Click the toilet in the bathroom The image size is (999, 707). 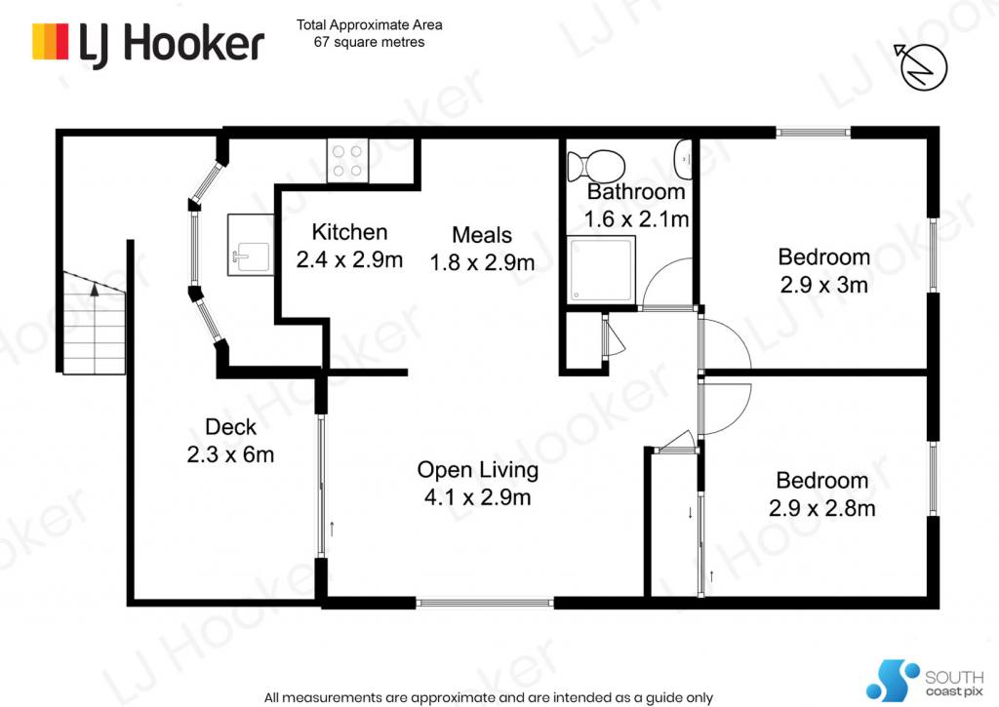[x=596, y=165]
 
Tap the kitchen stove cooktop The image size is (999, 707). [x=348, y=161]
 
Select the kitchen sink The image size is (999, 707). [x=251, y=245]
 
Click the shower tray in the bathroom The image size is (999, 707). [x=601, y=270]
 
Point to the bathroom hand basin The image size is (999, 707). [x=683, y=159]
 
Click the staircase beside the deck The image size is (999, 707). [x=95, y=323]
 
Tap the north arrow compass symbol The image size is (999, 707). [x=921, y=66]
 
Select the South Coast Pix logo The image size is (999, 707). [x=925, y=681]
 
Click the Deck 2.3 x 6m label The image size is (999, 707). [x=230, y=441]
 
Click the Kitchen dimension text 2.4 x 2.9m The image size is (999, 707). [x=350, y=259]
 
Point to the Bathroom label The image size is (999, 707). [x=636, y=192]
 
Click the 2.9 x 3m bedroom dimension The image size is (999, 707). [x=823, y=285]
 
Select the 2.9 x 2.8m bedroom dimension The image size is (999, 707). [x=821, y=508]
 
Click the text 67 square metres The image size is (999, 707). [x=370, y=42]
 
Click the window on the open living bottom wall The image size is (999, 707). [x=485, y=602]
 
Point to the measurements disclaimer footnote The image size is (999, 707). [x=489, y=697]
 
